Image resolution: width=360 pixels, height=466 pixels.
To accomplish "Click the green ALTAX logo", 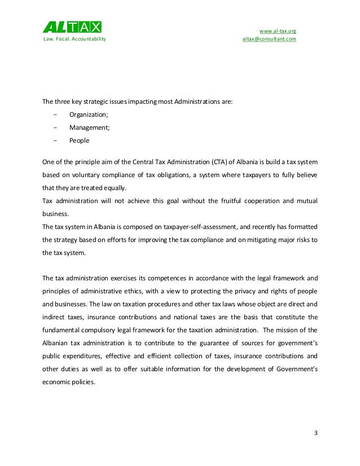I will coord(73,27).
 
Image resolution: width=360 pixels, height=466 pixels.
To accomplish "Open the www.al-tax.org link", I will coord(277,30).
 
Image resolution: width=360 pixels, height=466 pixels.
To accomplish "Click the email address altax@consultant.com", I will coord(269,39).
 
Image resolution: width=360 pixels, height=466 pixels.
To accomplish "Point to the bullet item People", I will coord(79,140).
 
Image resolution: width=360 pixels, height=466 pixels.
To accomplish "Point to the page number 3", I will coord(316,433).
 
